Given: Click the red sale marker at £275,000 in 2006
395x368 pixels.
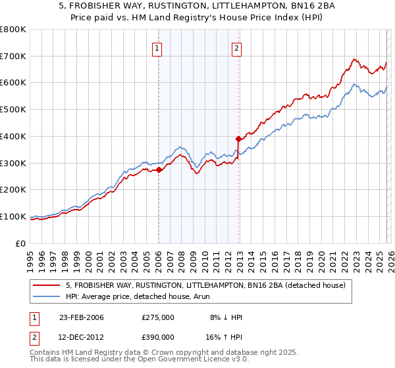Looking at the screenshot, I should click(159, 170).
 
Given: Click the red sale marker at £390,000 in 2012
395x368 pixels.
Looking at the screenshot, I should click(238, 139).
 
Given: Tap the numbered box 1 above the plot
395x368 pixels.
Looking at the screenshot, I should click(158, 47).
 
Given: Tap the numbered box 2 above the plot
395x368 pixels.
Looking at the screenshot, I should click(236, 47).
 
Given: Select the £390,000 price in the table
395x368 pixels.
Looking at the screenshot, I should click(158, 336).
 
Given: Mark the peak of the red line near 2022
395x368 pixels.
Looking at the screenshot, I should click(354, 59).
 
